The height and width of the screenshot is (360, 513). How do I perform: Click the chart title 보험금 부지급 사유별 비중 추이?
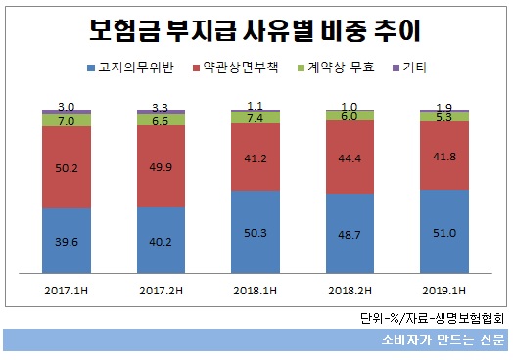tap(256, 31)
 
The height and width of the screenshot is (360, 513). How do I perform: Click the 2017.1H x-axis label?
tap(68, 291)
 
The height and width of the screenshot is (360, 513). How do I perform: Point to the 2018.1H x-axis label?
tap(256, 291)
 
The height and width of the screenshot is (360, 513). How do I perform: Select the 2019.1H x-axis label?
tap(445, 291)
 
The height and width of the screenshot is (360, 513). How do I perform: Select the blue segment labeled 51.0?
tap(445, 234)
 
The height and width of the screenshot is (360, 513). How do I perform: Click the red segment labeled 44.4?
tap(350, 157)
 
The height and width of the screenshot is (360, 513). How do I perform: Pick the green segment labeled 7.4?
tap(256, 117)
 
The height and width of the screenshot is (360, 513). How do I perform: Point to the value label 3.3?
tap(163, 106)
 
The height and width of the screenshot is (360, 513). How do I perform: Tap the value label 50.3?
tap(256, 233)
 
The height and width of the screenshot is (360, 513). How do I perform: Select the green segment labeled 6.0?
tap(350, 114)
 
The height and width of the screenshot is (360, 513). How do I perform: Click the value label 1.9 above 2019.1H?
tap(445, 106)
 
